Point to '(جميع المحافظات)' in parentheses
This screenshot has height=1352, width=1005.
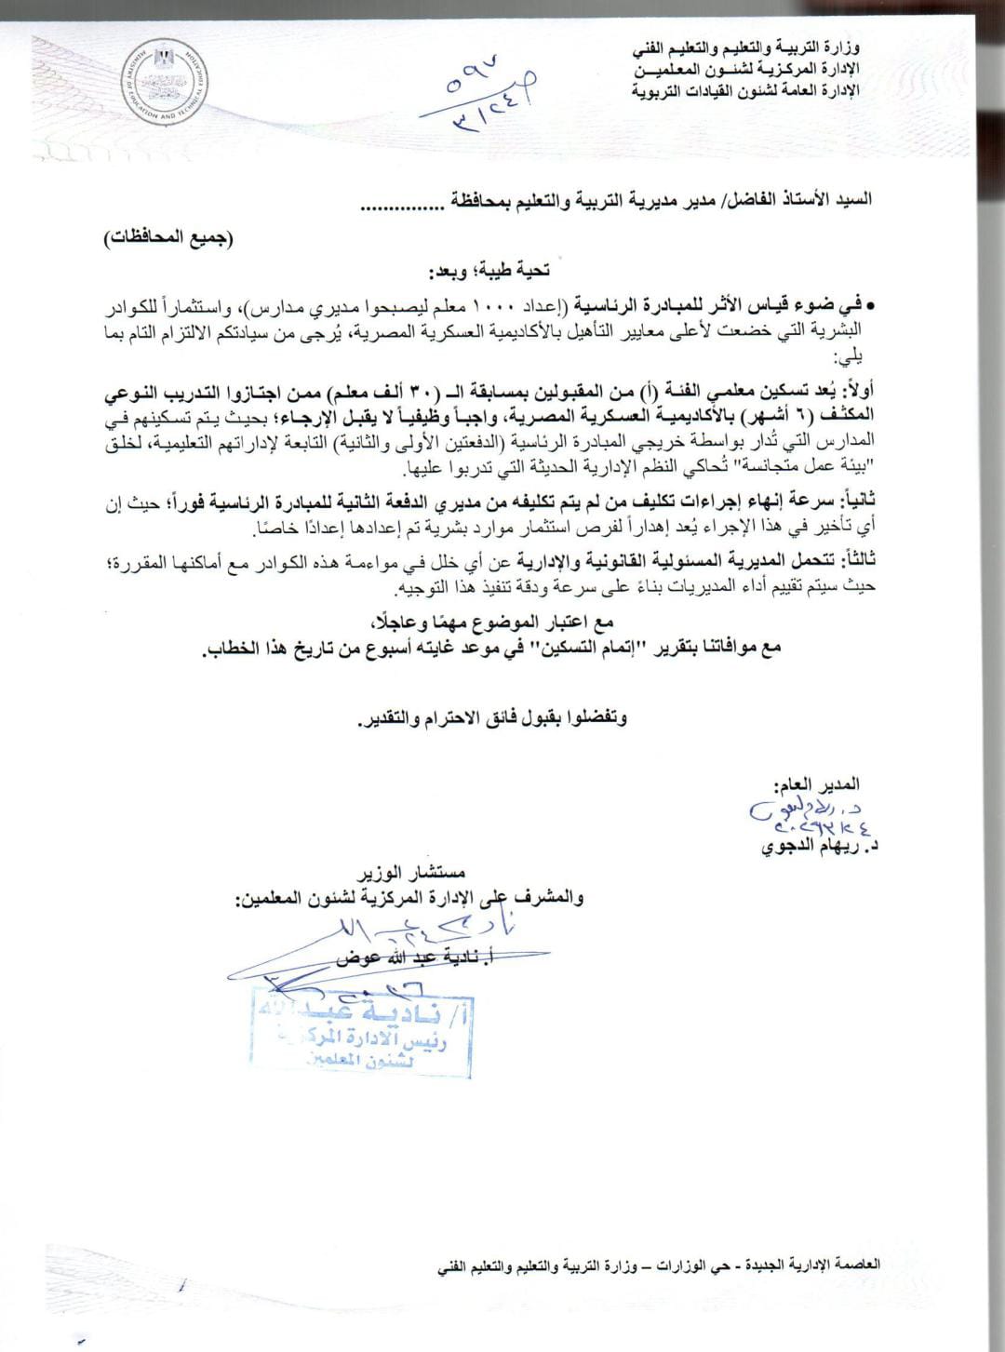click(x=168, y=236)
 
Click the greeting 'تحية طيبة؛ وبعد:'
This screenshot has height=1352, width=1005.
click(x=489, y=271)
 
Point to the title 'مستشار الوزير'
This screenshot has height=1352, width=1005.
click(x=410, y=875)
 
